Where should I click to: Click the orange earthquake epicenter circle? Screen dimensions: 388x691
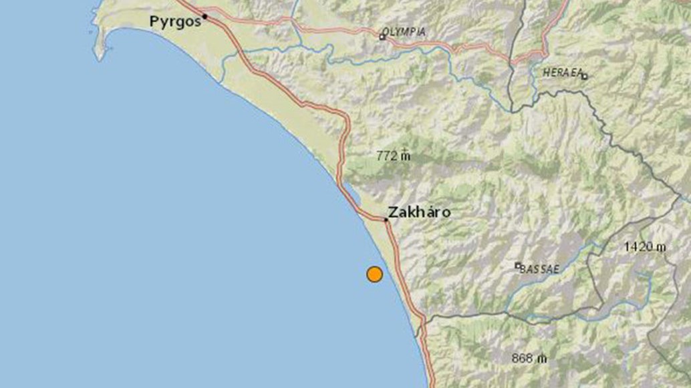point(374,274)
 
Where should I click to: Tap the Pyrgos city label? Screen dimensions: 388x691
point(175,22)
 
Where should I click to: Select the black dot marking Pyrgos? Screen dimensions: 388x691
point(205,16)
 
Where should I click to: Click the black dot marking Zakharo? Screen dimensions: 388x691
point(386,219)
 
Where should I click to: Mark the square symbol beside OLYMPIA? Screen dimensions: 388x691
point(382,37)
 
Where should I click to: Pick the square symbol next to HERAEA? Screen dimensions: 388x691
point(584,76)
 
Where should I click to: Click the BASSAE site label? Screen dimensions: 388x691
point(540,269)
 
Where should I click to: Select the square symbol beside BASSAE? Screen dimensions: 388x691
point(517,265)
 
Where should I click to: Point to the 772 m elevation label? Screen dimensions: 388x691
point(394,156)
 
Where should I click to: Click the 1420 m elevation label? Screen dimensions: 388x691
point(645,247)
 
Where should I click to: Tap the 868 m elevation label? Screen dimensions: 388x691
point(529,358)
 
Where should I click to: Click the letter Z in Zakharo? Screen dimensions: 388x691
point(393,213)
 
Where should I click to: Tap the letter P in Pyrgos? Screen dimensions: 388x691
point(154,22)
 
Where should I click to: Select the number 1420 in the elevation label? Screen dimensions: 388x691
point(638,247)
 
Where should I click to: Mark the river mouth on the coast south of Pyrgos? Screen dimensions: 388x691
point(221,82)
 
